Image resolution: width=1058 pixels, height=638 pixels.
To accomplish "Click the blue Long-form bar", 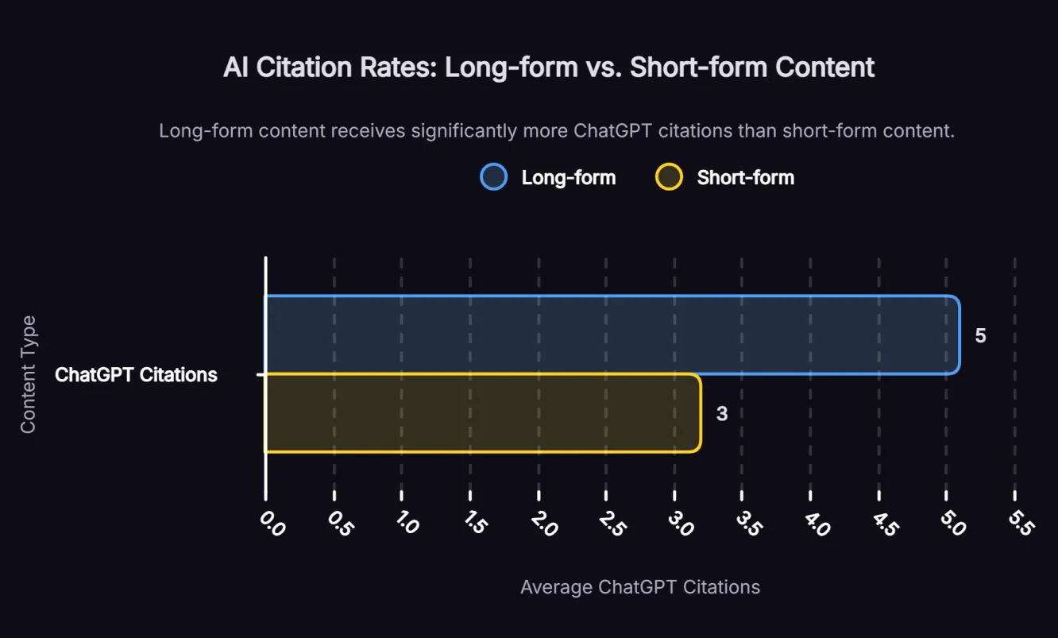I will coord(612,334).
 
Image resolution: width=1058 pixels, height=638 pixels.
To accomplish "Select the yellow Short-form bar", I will coord(482,413).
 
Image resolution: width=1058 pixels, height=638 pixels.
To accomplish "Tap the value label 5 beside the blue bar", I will coord(980,336).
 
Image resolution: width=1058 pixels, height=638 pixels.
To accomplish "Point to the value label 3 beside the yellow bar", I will coord(721,414).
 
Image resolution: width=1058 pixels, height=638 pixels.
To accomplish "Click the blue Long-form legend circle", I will coord(493,176).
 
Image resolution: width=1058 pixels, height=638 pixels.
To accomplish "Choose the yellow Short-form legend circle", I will coord(669,176).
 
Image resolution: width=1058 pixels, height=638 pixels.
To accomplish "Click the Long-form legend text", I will coord(568,177).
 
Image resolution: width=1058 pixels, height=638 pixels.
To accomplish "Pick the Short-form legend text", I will coord(745,177).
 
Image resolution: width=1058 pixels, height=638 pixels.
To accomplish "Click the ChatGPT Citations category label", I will coord(136,375).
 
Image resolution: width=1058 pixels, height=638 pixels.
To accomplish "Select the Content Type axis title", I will coord(29,374).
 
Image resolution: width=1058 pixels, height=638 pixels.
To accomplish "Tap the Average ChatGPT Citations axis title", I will coord(639,587).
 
